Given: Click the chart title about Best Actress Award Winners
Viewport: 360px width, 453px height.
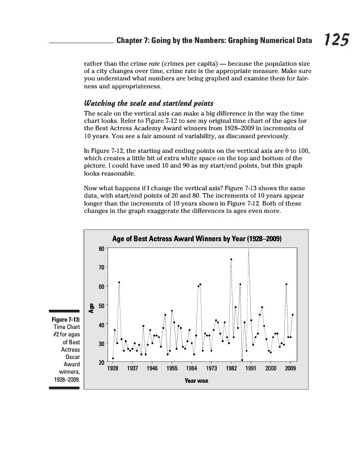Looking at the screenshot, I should (x=197, y=240).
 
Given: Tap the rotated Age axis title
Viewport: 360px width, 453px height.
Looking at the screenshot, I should (x=91, y=307).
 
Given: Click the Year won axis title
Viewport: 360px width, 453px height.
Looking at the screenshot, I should (x=196, y=381).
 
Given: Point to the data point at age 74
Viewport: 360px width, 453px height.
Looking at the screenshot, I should (x=232, y=259).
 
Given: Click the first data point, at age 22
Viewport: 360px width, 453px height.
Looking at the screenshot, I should (x=113, y=358).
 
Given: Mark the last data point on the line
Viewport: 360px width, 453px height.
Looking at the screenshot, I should (x=293, y=314).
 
